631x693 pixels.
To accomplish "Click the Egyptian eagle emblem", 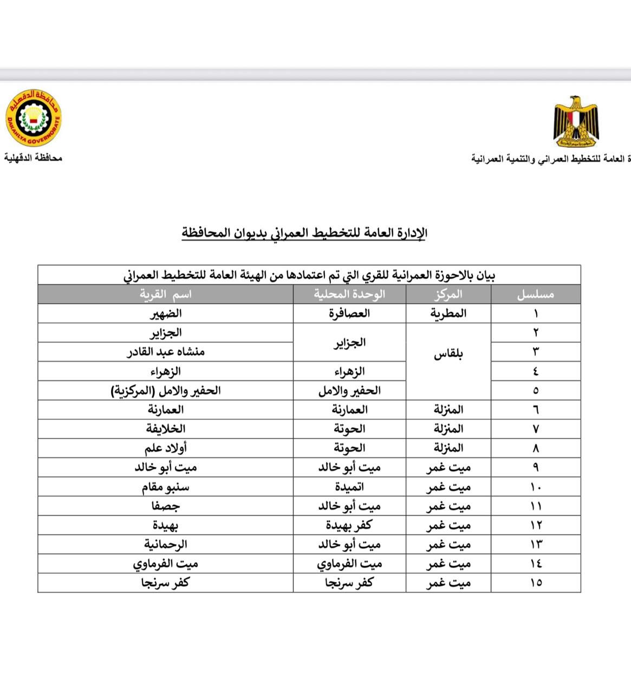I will (x=575, y=123).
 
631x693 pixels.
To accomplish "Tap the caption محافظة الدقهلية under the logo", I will (x=34, y=158).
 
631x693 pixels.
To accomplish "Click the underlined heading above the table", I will (x=304, y=233).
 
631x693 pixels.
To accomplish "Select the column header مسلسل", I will (x=535, y=295).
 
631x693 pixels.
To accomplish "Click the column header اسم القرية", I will (x=165, y=295).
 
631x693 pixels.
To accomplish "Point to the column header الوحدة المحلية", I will (x=349, y=295).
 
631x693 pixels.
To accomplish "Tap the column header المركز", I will (x=448, y=295).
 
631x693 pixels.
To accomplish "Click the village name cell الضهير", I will (x=165, y=313).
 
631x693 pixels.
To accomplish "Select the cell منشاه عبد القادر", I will (x=165, y=352).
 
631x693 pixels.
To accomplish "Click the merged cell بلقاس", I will (x=448, y=355).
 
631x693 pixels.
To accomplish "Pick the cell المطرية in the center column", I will (x=448, y=313).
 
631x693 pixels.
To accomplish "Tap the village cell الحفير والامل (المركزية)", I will (x=165, y=390).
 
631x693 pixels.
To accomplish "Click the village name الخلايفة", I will (x=165, y=429).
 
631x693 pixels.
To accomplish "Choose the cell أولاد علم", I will (x=165, y=448).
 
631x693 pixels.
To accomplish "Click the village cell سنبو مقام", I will (x=165, y=487).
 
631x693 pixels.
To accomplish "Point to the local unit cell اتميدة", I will (x=349, y=487).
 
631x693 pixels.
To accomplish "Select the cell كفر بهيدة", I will (x=349, y=525).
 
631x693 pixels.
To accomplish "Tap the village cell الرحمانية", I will (x=165, y=544).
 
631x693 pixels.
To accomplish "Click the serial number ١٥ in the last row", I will (x=535, y=583).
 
